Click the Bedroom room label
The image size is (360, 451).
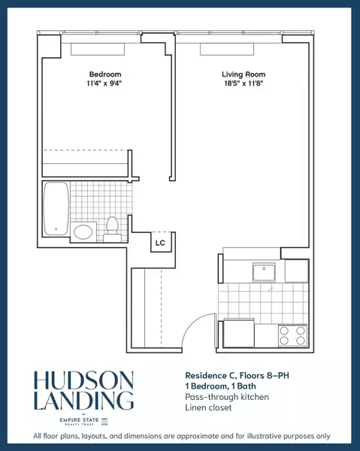pyautogui.click(x=105, y=74)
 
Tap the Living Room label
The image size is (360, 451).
pyautogui.click(x=241, y=74)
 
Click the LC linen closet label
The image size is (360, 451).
pyautogui.click(x=160, y=243)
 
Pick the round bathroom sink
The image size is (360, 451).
pyautogui.click(x=84, y=231)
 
